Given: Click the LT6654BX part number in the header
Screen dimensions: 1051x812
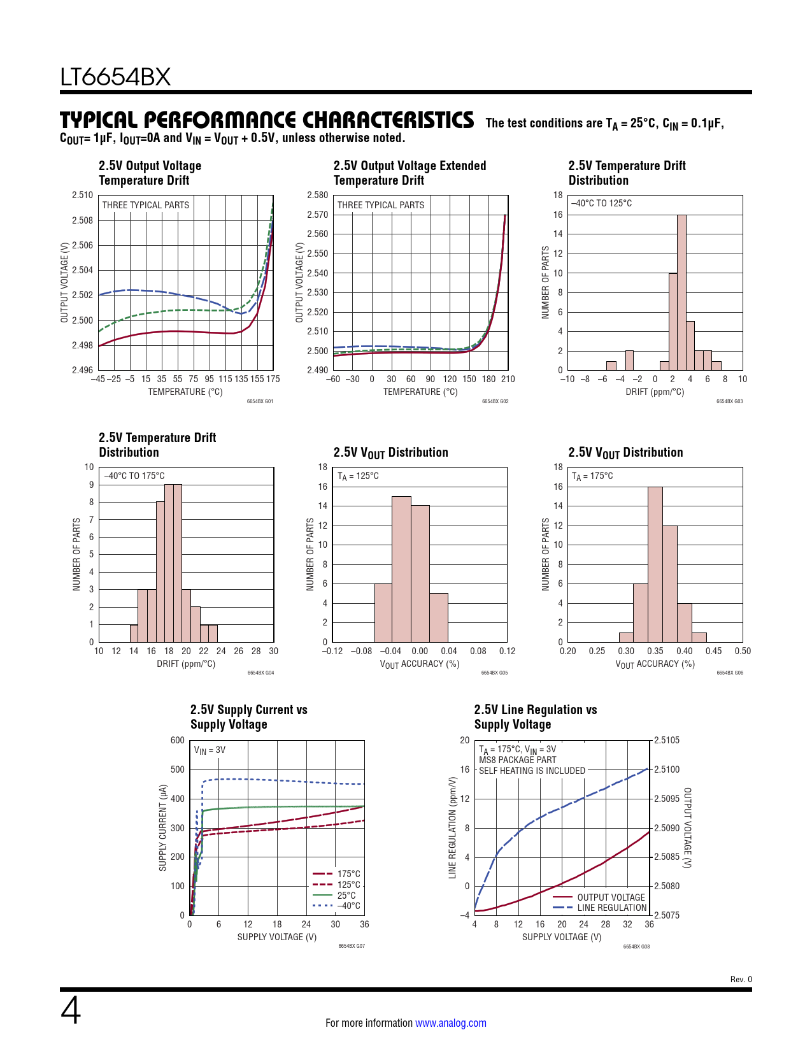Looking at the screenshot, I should click(115, 77).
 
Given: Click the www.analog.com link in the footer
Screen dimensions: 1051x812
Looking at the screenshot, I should click(450, 1023).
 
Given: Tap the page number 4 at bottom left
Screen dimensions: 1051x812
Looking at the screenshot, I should click(71, 1011).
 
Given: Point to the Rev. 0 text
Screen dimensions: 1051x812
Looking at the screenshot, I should click(741, 980).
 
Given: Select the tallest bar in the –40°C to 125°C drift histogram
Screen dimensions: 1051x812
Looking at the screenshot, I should click(681, 292).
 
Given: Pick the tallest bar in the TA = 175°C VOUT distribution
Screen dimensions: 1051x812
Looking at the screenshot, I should click(655, 564).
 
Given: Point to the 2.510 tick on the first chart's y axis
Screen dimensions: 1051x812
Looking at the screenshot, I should click(82, 196).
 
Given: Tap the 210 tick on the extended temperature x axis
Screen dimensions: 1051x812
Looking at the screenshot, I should click(508, 379).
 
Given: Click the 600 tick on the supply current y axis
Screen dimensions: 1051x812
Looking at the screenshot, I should click(177, 740).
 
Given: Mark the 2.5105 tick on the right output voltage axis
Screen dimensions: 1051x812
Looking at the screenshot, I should click(667, 740).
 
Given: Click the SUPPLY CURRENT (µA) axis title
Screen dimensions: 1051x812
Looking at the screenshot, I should click(162, 827).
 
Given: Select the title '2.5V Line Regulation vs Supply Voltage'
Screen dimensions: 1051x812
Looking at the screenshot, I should click(536, 717).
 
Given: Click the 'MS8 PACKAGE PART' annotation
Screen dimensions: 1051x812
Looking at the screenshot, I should click(517, 760).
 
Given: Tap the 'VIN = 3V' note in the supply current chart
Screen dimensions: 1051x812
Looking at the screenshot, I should click(210, 750).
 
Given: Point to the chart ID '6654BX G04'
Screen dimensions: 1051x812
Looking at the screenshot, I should click(260, 673).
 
